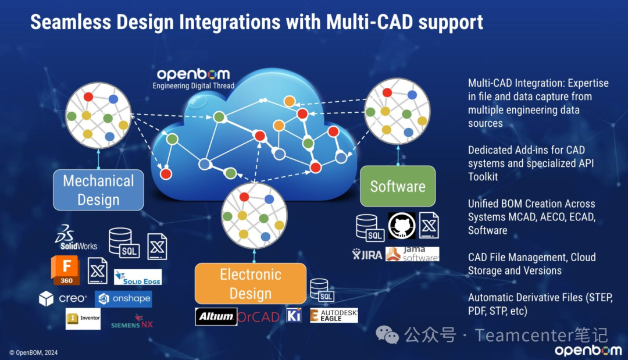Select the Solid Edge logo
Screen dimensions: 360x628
click(138, 277)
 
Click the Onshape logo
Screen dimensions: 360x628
click(123, 299)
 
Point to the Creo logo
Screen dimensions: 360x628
click(63, 299)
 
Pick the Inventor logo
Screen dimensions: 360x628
click(83, 318)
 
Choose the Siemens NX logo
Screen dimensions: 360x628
click(132, 322)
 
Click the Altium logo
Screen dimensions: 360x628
click(216, 316)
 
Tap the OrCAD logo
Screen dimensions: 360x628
click(259, 316)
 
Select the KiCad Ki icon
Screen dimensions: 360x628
click(294, 315)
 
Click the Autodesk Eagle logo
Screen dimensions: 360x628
click(334, 315)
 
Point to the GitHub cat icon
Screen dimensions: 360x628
click(402, 226)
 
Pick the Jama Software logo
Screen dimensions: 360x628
click(412, 254)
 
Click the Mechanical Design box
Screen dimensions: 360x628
click(98, 190)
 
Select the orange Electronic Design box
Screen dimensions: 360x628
click(251, 283)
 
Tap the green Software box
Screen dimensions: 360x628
click(398, 186)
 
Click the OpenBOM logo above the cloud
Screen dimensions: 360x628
click(193, 74)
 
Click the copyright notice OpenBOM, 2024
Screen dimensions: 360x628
click(34, 352)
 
